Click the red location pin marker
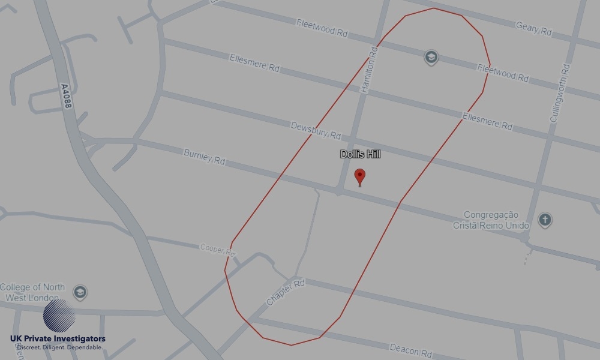click(360, 177)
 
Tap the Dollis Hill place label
click(360, 154)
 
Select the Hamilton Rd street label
click(368, 70)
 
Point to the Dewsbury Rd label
click(316, 130)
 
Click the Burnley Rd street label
click(204, 157)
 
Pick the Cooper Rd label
click(218, 248)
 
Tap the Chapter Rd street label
click(286, 293)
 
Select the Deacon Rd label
click(411, 349)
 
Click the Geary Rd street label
click(533, 28)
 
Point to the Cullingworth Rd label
click(559, 93)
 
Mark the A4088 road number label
click(67, 96)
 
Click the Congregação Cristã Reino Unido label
click(497, 220)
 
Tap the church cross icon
click(545, 220)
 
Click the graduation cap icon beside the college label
click(80, 293)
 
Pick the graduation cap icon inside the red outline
click(430, 58)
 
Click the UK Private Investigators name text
click(58, 339)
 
